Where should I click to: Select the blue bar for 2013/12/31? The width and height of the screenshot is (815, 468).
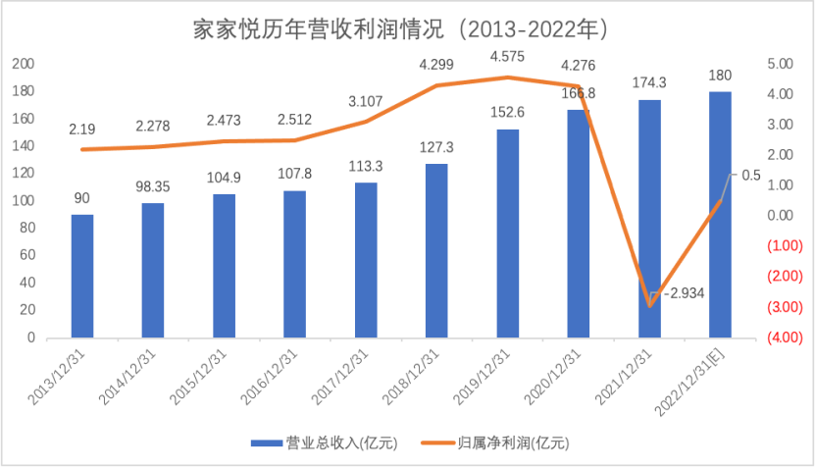click(x=82, y=276)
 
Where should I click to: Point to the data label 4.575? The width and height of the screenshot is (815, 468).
click(x=507, y=55)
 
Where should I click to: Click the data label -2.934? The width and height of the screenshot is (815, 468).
click(x=684, y=293)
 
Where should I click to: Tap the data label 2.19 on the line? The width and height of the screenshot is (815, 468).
click(x=82, y=130)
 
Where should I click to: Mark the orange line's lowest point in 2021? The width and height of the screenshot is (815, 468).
click(x=649, y=305)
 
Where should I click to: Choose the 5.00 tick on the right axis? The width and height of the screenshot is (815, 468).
click(x=780, y=64)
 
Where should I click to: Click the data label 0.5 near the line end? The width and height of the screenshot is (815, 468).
click(x=751, y=175)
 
